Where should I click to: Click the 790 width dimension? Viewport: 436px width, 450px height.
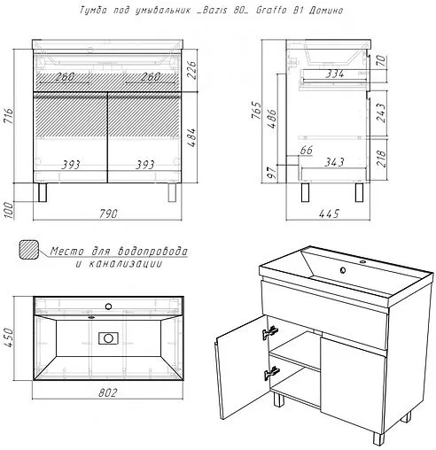pos(108,213)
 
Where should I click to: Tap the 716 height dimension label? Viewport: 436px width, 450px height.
pos(9,116)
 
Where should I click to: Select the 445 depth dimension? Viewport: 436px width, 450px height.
pos(329,213)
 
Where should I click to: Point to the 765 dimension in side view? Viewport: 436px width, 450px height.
pos(256,111)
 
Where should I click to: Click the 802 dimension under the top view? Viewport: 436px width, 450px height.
pos(107,392)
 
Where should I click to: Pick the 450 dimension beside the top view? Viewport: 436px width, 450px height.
pos(9,337)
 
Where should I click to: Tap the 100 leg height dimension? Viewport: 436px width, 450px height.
pos(9,210)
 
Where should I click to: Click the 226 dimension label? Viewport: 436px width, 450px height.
pos(191,70)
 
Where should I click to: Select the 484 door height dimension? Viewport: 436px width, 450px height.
pos(191,137)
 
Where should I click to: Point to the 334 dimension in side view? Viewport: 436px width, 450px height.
pos(335,74)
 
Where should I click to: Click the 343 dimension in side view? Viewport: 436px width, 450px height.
pos(334,162)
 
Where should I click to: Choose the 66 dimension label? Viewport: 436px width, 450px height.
pos(306,150)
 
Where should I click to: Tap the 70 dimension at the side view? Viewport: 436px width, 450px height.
pos(382,60)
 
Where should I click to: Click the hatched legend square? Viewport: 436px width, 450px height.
pos(29,249)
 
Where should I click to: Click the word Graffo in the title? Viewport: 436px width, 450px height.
pos(271,10)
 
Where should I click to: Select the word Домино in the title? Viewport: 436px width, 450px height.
pos(326,11)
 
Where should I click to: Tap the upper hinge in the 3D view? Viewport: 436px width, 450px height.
pos(270,331)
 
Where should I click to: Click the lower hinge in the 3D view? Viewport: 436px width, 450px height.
pos(271,373)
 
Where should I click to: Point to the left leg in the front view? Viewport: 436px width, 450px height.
pos(43,192)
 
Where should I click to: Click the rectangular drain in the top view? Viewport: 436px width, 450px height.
pos(108,338)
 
